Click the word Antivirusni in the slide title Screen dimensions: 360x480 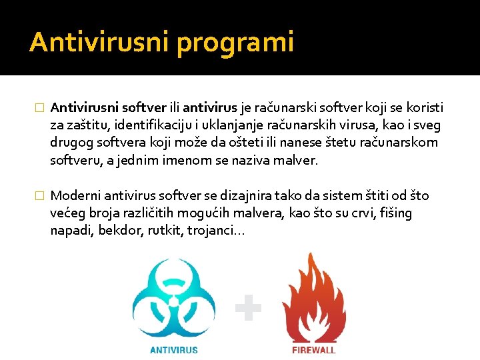(x=99, y=42)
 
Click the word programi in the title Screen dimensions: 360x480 (x=235, y=43)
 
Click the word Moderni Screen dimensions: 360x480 (x=75, y=195)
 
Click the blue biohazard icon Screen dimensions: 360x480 (x=173, y=299)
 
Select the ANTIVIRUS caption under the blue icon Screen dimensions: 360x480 (x=173, y=349)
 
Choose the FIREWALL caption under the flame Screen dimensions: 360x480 (x=313, y=349)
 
